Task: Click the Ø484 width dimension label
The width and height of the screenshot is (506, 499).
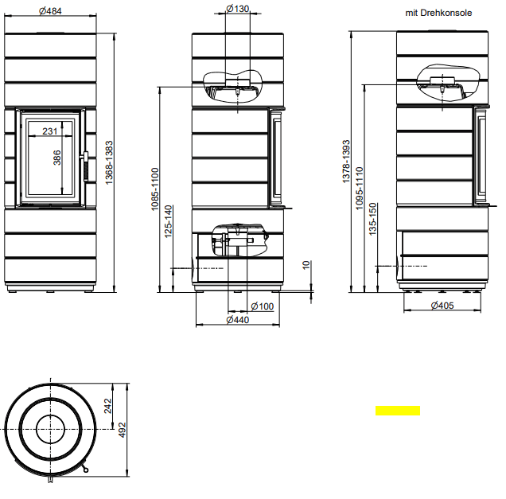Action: pyautogui.click(x=50, y=11)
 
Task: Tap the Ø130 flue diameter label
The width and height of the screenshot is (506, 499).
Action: pyautogui.click(x=238, y=9)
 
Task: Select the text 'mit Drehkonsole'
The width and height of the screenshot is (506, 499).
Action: pyautogui.click(x=438, y=13)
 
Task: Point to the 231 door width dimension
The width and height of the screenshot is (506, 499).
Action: pyautogui.click(x=49, y=131)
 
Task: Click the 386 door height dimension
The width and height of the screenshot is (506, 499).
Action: pyautogui.click(x=56, y=158)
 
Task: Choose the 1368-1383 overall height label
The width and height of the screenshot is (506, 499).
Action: pyautogui.click(x=110, y=162)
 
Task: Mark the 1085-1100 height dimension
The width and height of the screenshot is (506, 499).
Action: pyautogui.click(x=155, y=189)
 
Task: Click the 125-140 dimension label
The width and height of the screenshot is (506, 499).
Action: pyautogui.click(x=169, y=222)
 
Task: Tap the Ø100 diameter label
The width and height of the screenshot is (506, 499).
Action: pyautogui.click(x=263, y=306)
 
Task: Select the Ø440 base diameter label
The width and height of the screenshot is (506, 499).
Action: pyautogui.click(x=238, y=320)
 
